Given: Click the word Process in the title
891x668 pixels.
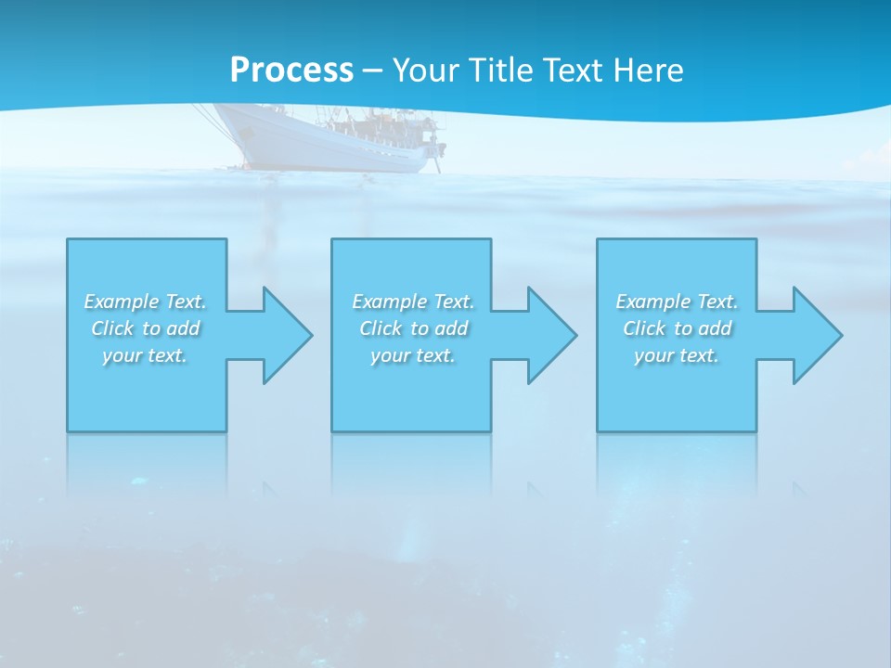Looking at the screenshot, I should tap(291, 71).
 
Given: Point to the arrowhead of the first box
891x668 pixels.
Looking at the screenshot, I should tap(284, 335).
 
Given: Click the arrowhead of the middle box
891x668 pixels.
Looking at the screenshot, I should tap(549, 335).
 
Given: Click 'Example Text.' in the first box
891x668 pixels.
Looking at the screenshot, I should tap(145, 302).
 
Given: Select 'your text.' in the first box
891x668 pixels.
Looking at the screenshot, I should tap(145, 355).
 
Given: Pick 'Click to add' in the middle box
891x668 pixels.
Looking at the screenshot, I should tap(413, 328).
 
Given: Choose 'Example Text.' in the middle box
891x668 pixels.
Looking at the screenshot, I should tap(413, 302).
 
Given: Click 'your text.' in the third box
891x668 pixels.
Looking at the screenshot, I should tap(677, 355).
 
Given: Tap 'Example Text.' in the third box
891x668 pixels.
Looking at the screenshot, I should tap(677, 302).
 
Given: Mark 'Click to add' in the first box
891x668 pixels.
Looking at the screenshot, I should tap(145, 328).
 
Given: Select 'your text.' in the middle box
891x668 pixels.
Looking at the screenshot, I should tap(413, 355).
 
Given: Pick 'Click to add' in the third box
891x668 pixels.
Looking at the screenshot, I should tap(677, 328).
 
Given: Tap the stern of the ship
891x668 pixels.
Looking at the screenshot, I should tap(433, 148).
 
